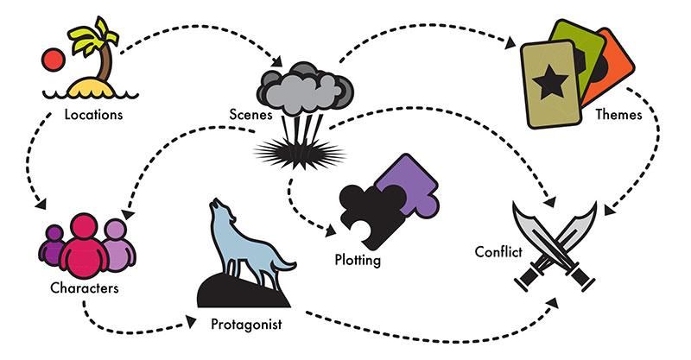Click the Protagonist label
tap(247, 325)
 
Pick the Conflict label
tap(497, 252)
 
